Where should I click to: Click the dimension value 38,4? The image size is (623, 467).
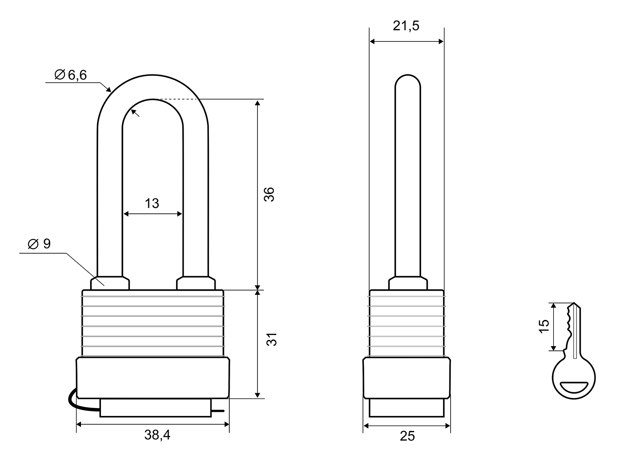(x=157, y=435)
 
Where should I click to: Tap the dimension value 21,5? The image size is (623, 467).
(x=406, y=26)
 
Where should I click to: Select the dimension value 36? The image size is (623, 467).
(x=269, y=194)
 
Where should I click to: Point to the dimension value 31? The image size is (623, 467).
(x=271, y=339)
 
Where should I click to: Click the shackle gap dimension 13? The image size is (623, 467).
(x=152, y=203)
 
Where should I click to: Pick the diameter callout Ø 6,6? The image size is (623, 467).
(x=71, y=75)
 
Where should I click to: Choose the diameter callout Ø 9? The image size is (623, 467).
(x=39, y=244)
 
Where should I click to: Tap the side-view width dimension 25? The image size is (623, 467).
(x=407, y=436)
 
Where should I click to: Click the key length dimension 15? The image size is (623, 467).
(x=544, y=326)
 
